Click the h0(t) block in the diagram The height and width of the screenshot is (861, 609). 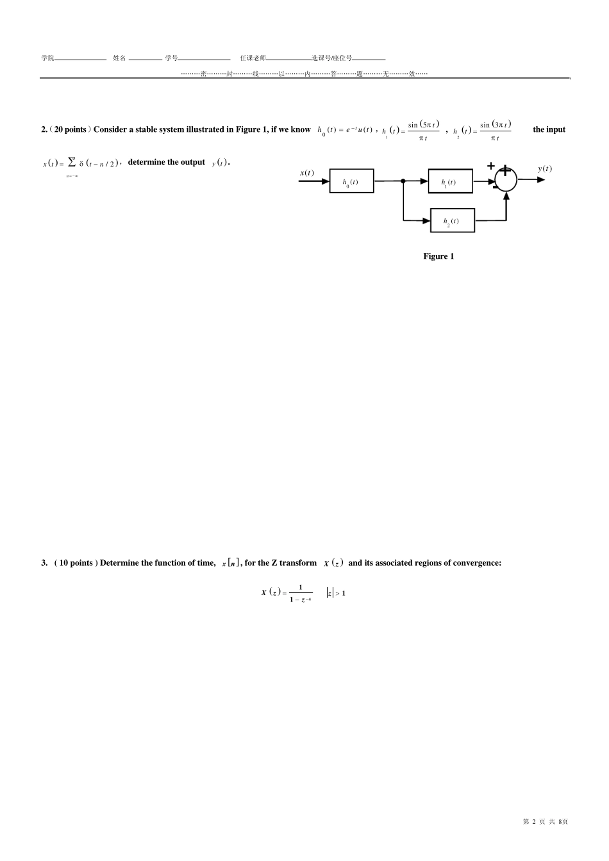coord(351,181)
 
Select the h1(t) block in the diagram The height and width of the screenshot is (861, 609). coord(450,181)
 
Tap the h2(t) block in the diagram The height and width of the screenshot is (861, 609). coord(453,220)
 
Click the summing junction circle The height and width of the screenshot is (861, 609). coord(506,179)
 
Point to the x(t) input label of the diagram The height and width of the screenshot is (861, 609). coord(307,172)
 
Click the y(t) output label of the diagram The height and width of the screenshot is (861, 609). coord(544,168)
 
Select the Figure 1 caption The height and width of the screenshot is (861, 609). coord(438,256)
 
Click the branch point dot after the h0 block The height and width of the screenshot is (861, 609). coord(403,181)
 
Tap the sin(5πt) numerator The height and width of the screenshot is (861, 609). coord(423,124)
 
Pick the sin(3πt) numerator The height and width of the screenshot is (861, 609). coord(495,124)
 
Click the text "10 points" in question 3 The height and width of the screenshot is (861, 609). coord(76,563)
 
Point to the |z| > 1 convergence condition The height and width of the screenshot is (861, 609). coord(336,593)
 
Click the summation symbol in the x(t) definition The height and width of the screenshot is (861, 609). coord(72,163)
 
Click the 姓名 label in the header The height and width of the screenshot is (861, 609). coord(119,58)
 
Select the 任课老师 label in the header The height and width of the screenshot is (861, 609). coord(253,58)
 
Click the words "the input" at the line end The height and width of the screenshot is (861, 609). coord(549,129)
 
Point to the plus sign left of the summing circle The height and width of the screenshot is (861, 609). coord(491,166)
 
